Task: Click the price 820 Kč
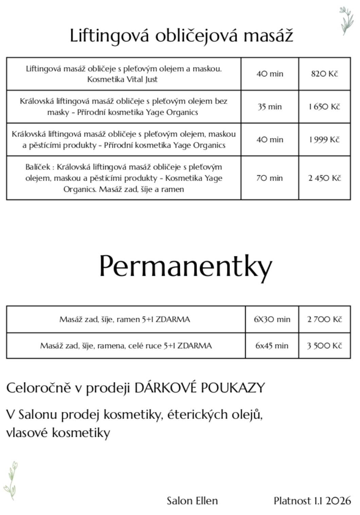(x=324, y=74)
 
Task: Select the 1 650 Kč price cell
(x=324, y=107)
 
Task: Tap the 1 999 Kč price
(x=324, y=140)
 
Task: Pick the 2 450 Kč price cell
(x=324, y=178)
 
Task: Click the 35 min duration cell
(x=270, y=107)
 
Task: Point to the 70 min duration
(x=270, y=178)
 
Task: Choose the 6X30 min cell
(x=272, y=319)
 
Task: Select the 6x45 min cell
(x=272, y=346)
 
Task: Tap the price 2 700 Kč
(x=324, y=319)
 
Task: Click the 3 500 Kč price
(x=324, y=346)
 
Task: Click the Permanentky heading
(x=185, y=267)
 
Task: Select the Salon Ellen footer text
(x=192, y=500)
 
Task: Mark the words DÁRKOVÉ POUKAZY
(x=200, y=388)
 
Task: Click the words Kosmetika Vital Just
(x=123, y=79)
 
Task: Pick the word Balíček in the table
(x=38, y=167)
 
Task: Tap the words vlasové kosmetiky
(x=58, y=433)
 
